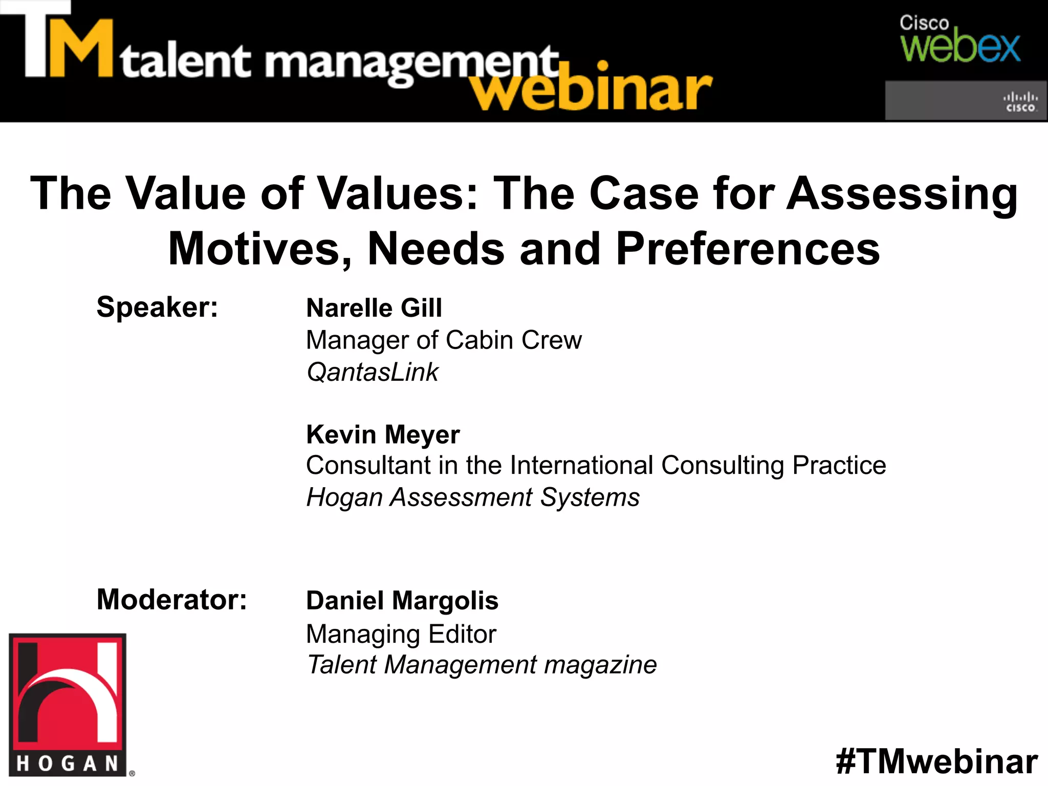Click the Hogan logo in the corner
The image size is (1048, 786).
68,705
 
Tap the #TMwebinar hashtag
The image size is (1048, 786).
936,761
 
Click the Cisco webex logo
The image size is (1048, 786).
959,40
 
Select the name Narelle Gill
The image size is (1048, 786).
374,308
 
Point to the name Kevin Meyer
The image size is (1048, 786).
383,434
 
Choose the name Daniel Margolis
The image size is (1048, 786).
402,600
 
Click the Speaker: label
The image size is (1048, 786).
157,307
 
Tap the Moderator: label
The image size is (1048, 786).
171,599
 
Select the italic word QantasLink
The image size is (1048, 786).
373,372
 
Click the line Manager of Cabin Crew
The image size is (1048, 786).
444,340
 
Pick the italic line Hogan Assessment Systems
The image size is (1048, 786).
473,497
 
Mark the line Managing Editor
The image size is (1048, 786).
401,634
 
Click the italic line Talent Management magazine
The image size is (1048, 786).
482,665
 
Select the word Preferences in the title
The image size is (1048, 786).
748,249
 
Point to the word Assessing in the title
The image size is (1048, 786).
902,193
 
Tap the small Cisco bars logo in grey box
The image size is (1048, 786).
1020,101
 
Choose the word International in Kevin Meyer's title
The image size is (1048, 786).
581,466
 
